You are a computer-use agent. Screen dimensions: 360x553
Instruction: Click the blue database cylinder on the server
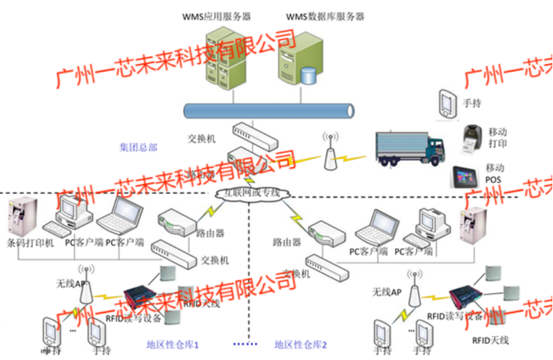coord(308,75)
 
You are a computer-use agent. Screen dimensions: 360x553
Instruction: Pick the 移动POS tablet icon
coord(467,177)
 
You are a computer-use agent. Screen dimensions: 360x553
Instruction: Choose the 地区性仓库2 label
coord(301,345)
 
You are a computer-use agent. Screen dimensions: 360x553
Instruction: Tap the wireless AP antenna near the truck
coord(328,152)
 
